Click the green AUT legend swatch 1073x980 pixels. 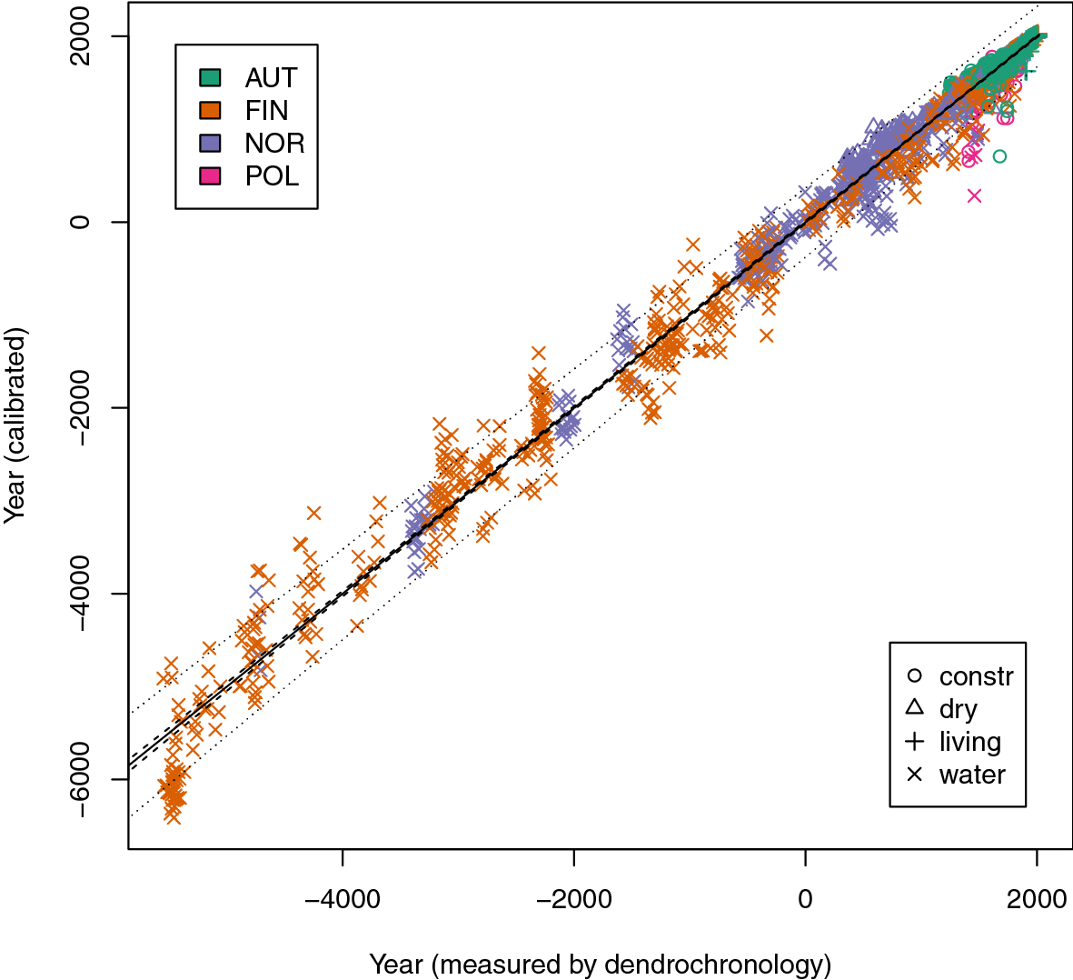210,77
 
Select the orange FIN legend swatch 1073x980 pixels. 210,110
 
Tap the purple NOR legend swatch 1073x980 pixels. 210,143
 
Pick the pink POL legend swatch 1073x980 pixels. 210,175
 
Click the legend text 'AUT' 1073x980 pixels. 271,77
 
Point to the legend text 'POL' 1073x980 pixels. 272,175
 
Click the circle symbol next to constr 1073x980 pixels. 915,675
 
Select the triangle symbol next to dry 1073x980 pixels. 915,708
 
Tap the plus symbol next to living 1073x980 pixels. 915,741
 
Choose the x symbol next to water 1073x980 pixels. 915,775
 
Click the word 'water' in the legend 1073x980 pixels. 972,775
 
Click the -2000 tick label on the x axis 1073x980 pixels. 573,899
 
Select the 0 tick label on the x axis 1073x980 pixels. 805,899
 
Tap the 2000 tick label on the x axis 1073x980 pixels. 1037,899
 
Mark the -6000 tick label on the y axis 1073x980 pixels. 80,779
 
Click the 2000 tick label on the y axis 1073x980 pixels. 80,37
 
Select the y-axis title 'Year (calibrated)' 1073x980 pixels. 15,425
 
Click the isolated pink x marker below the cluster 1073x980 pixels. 974,195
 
